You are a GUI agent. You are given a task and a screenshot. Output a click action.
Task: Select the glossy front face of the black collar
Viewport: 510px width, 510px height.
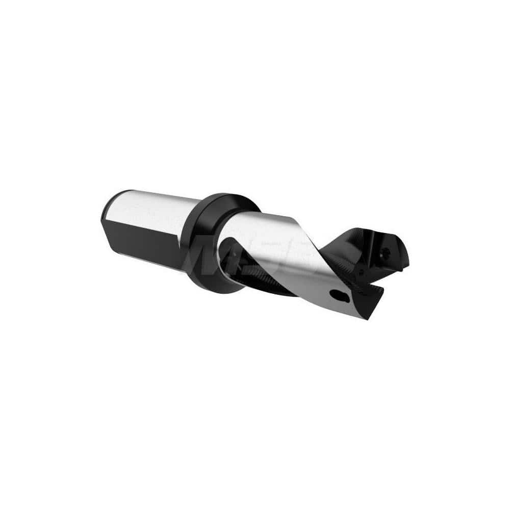pos(204,245)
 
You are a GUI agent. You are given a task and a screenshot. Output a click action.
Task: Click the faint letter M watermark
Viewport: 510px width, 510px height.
pos(204,258)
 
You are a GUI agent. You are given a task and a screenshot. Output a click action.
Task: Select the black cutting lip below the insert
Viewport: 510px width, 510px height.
pos(375,296)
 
